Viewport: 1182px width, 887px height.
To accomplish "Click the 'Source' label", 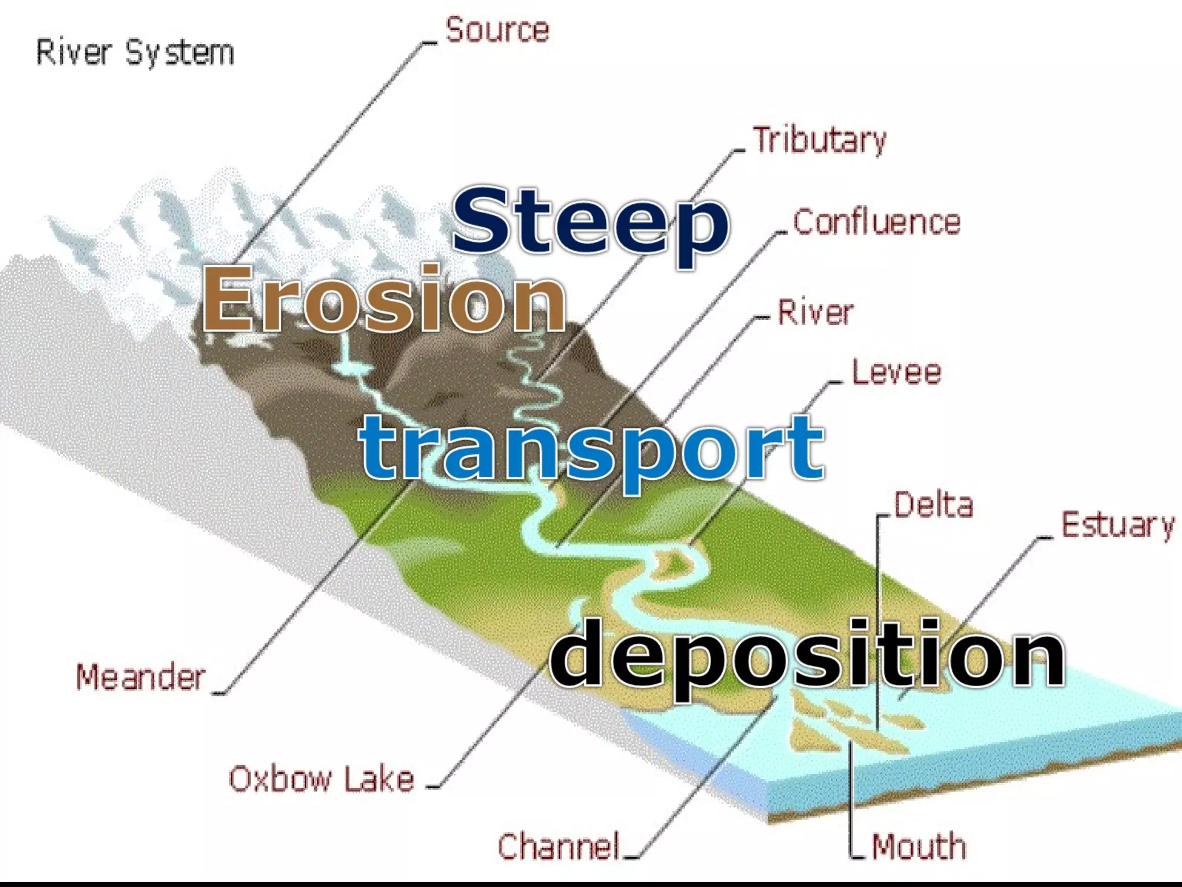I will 497,30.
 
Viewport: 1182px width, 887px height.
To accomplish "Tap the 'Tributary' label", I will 819,140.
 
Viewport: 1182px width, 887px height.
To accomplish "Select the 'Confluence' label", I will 877,222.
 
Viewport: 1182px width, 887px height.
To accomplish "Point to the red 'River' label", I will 816,312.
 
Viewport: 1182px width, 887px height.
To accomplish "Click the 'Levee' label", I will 896,372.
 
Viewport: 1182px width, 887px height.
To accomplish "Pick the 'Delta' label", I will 933,505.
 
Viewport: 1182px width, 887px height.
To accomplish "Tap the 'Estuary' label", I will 1118,526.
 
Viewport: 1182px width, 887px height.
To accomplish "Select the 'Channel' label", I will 559,847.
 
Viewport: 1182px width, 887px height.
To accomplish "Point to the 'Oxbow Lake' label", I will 321,779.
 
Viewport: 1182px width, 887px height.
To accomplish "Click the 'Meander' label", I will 140,677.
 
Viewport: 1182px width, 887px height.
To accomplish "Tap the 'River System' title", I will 135,53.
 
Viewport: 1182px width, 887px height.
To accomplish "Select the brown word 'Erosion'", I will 384,299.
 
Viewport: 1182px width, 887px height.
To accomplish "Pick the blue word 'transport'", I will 592,449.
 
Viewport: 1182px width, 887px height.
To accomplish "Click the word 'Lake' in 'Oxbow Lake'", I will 379,779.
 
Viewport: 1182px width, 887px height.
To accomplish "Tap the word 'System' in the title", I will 179,53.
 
